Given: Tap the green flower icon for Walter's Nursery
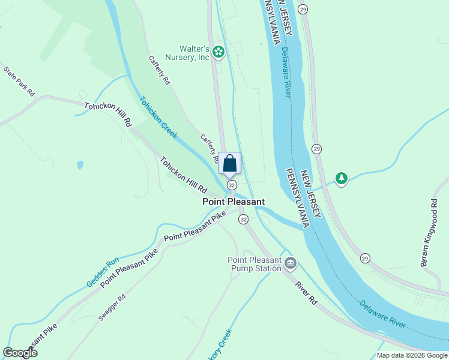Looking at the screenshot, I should [x=219, y=53].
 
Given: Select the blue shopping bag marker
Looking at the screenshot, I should [x=229, y=163].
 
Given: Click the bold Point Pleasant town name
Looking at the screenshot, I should [x=233, y=202].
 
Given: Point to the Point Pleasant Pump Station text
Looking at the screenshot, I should [x=254, y=264].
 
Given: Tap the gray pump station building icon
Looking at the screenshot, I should [x=291, y=262].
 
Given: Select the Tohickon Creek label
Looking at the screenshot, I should [x=158, y=118].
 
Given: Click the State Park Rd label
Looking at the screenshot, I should [x=19, y=81].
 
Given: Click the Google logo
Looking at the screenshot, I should [x=20, y=353].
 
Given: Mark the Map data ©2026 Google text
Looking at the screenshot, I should [x=411, y=355].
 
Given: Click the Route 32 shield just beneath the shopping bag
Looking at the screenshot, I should [x=231, y=185].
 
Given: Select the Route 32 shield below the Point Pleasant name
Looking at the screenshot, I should [x=243, y=220].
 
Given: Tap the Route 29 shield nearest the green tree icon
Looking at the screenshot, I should [x=316, y=148].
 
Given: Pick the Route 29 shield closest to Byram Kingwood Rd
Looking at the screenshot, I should [x=366, y=258].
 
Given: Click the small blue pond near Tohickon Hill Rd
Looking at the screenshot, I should [x=80, y=164].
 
